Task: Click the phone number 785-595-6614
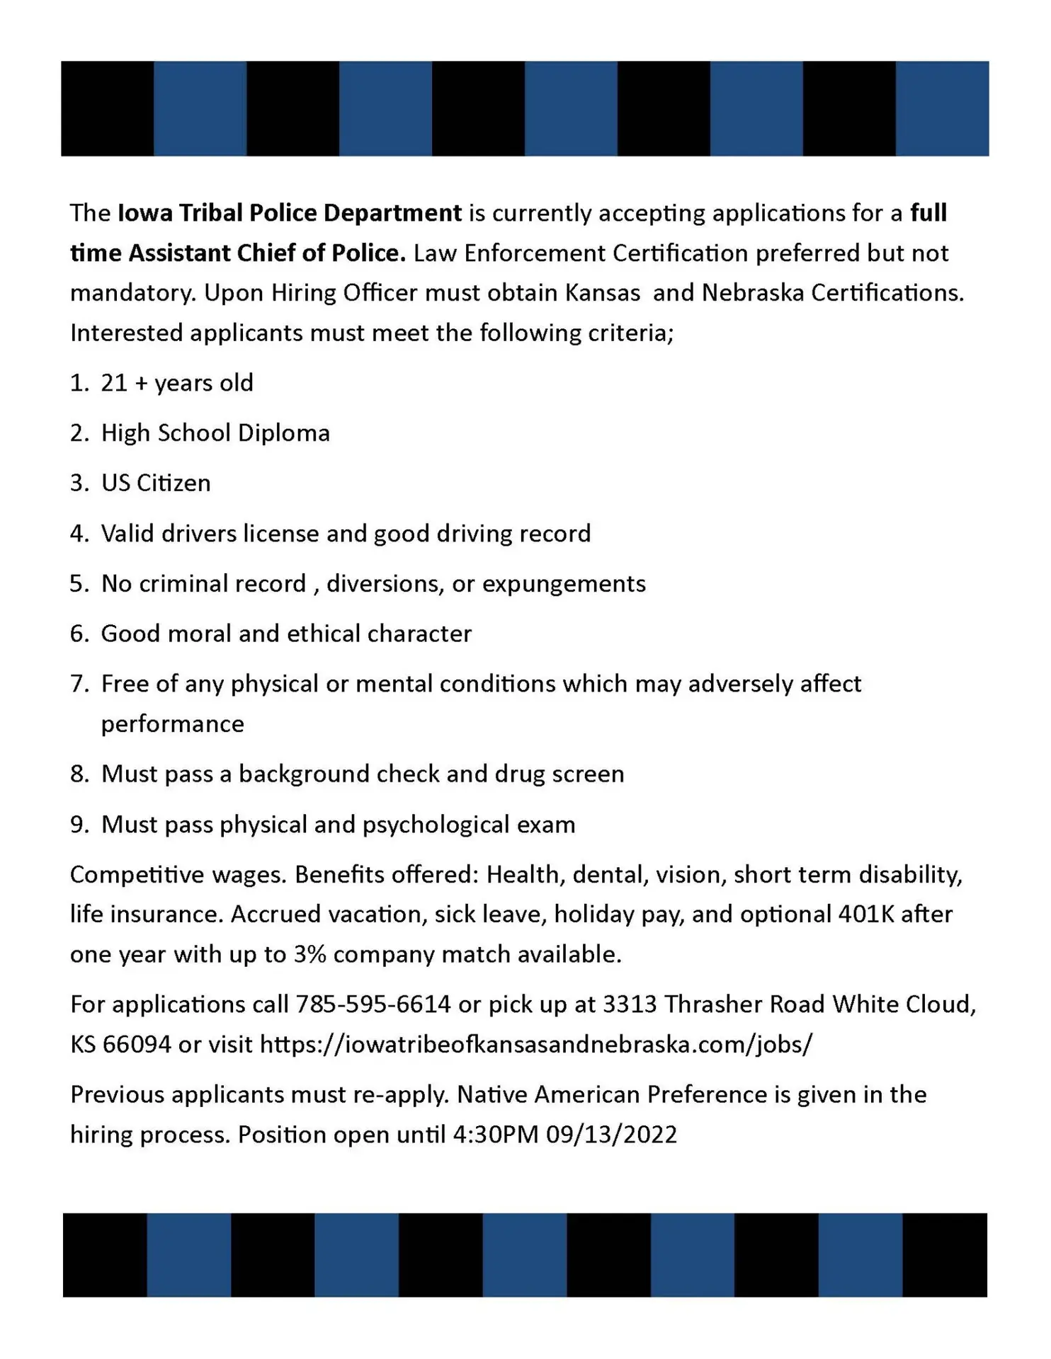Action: pos(373,1004)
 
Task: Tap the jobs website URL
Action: pos(536,1044)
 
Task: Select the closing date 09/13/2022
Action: pos(611,1135)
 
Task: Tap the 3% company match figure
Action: pos(309,954)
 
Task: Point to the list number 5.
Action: pos(78,583)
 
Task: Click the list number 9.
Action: pos(78,825)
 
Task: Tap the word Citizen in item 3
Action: pos(174,483)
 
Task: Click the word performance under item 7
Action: pos(172,724)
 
